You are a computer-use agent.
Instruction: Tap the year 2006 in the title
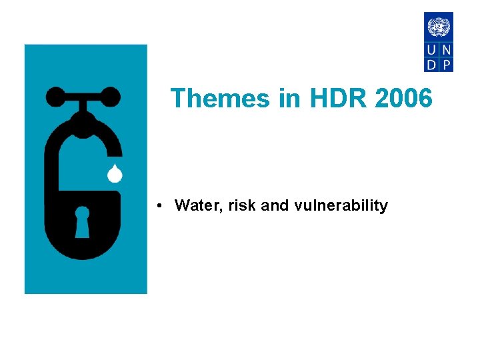click(x=403, y=99)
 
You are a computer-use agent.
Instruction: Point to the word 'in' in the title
click(x=289, y=99)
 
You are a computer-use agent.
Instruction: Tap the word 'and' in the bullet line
click(x=275, y=205)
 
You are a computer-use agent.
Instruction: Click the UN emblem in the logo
click(x=439, y=27)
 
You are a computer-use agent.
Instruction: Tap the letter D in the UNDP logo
click(x=431, y=64)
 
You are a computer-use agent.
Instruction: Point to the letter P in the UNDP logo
click(x=446, y=64)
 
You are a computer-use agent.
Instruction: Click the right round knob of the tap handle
click(x=111, y=97)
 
